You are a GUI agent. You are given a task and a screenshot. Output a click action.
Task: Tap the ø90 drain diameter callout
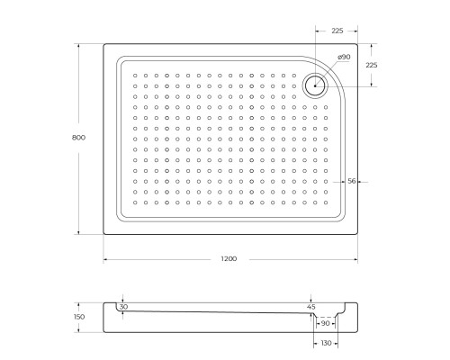343,58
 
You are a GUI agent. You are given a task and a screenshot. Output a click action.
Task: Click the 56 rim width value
353,181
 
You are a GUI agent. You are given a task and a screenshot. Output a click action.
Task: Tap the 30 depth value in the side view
124,308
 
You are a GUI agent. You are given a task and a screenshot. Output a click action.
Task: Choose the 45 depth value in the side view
311,308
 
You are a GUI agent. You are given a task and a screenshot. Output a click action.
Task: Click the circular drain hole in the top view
316,85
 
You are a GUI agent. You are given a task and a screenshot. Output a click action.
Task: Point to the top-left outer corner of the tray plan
103,42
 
